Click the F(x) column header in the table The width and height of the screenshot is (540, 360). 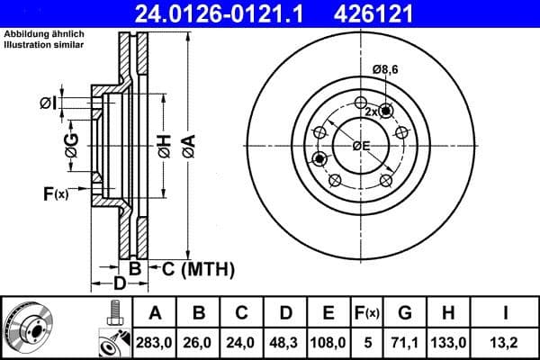tap(368, 313)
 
